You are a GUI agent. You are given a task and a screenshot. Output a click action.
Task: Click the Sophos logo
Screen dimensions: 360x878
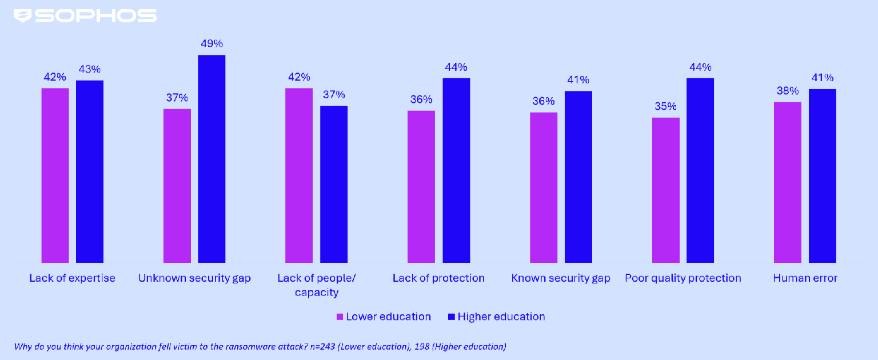(85, 15)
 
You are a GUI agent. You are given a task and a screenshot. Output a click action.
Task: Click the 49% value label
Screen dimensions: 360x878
(211, 44)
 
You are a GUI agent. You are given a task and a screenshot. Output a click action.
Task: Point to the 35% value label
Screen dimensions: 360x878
(666, 106)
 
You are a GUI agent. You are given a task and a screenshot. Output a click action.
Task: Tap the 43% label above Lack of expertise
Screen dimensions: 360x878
(90, 69)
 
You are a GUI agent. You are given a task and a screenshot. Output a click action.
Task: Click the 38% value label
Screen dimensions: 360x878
(788, 91)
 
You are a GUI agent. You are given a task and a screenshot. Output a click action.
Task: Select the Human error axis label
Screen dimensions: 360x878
(805, 278)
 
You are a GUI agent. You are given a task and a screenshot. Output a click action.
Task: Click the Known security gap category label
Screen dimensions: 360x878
(561, 278)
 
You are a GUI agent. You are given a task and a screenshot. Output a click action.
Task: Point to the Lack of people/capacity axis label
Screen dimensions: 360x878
(317, 285)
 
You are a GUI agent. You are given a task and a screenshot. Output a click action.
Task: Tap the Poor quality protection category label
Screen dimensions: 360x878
(683, 278)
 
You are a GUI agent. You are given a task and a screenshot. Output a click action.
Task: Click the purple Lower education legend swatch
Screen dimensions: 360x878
(339, 317)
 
